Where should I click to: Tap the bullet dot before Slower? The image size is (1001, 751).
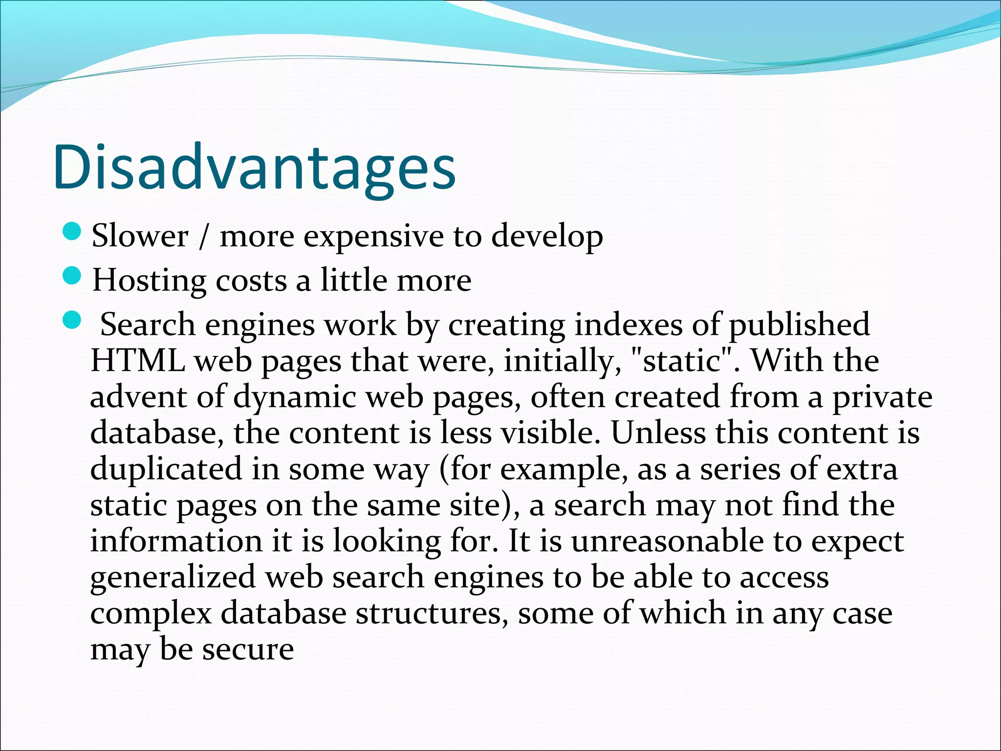72,232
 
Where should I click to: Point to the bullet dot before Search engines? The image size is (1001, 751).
72,321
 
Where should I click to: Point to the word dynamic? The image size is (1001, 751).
294,397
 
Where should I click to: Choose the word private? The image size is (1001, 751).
882,397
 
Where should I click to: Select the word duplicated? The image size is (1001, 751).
166,469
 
